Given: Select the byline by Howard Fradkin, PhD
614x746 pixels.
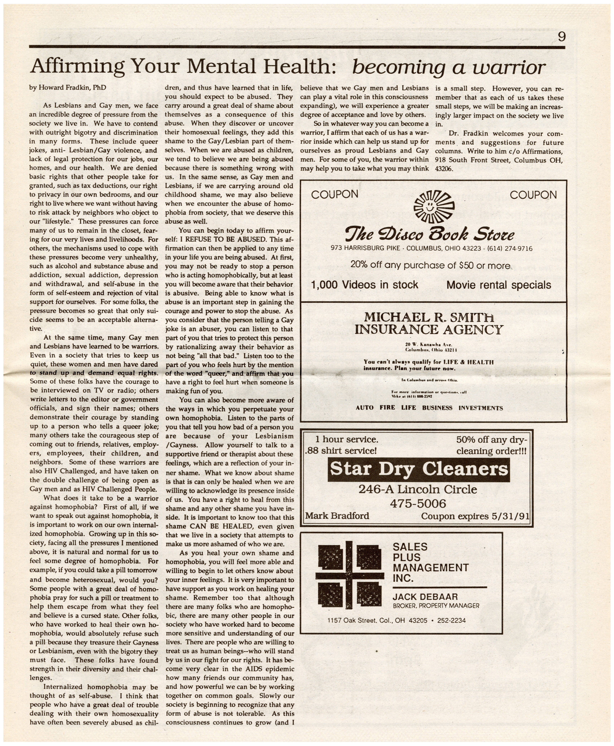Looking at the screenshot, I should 68,87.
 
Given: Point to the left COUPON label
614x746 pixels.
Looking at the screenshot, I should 335,194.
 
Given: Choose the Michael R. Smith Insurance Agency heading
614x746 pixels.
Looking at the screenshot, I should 429,323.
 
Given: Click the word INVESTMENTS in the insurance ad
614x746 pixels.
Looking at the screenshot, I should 481,408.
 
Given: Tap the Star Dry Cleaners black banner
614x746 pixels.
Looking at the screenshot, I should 419,469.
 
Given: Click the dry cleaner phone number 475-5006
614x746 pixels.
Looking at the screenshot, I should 418,503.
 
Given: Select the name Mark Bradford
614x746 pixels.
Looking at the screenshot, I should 337,516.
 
